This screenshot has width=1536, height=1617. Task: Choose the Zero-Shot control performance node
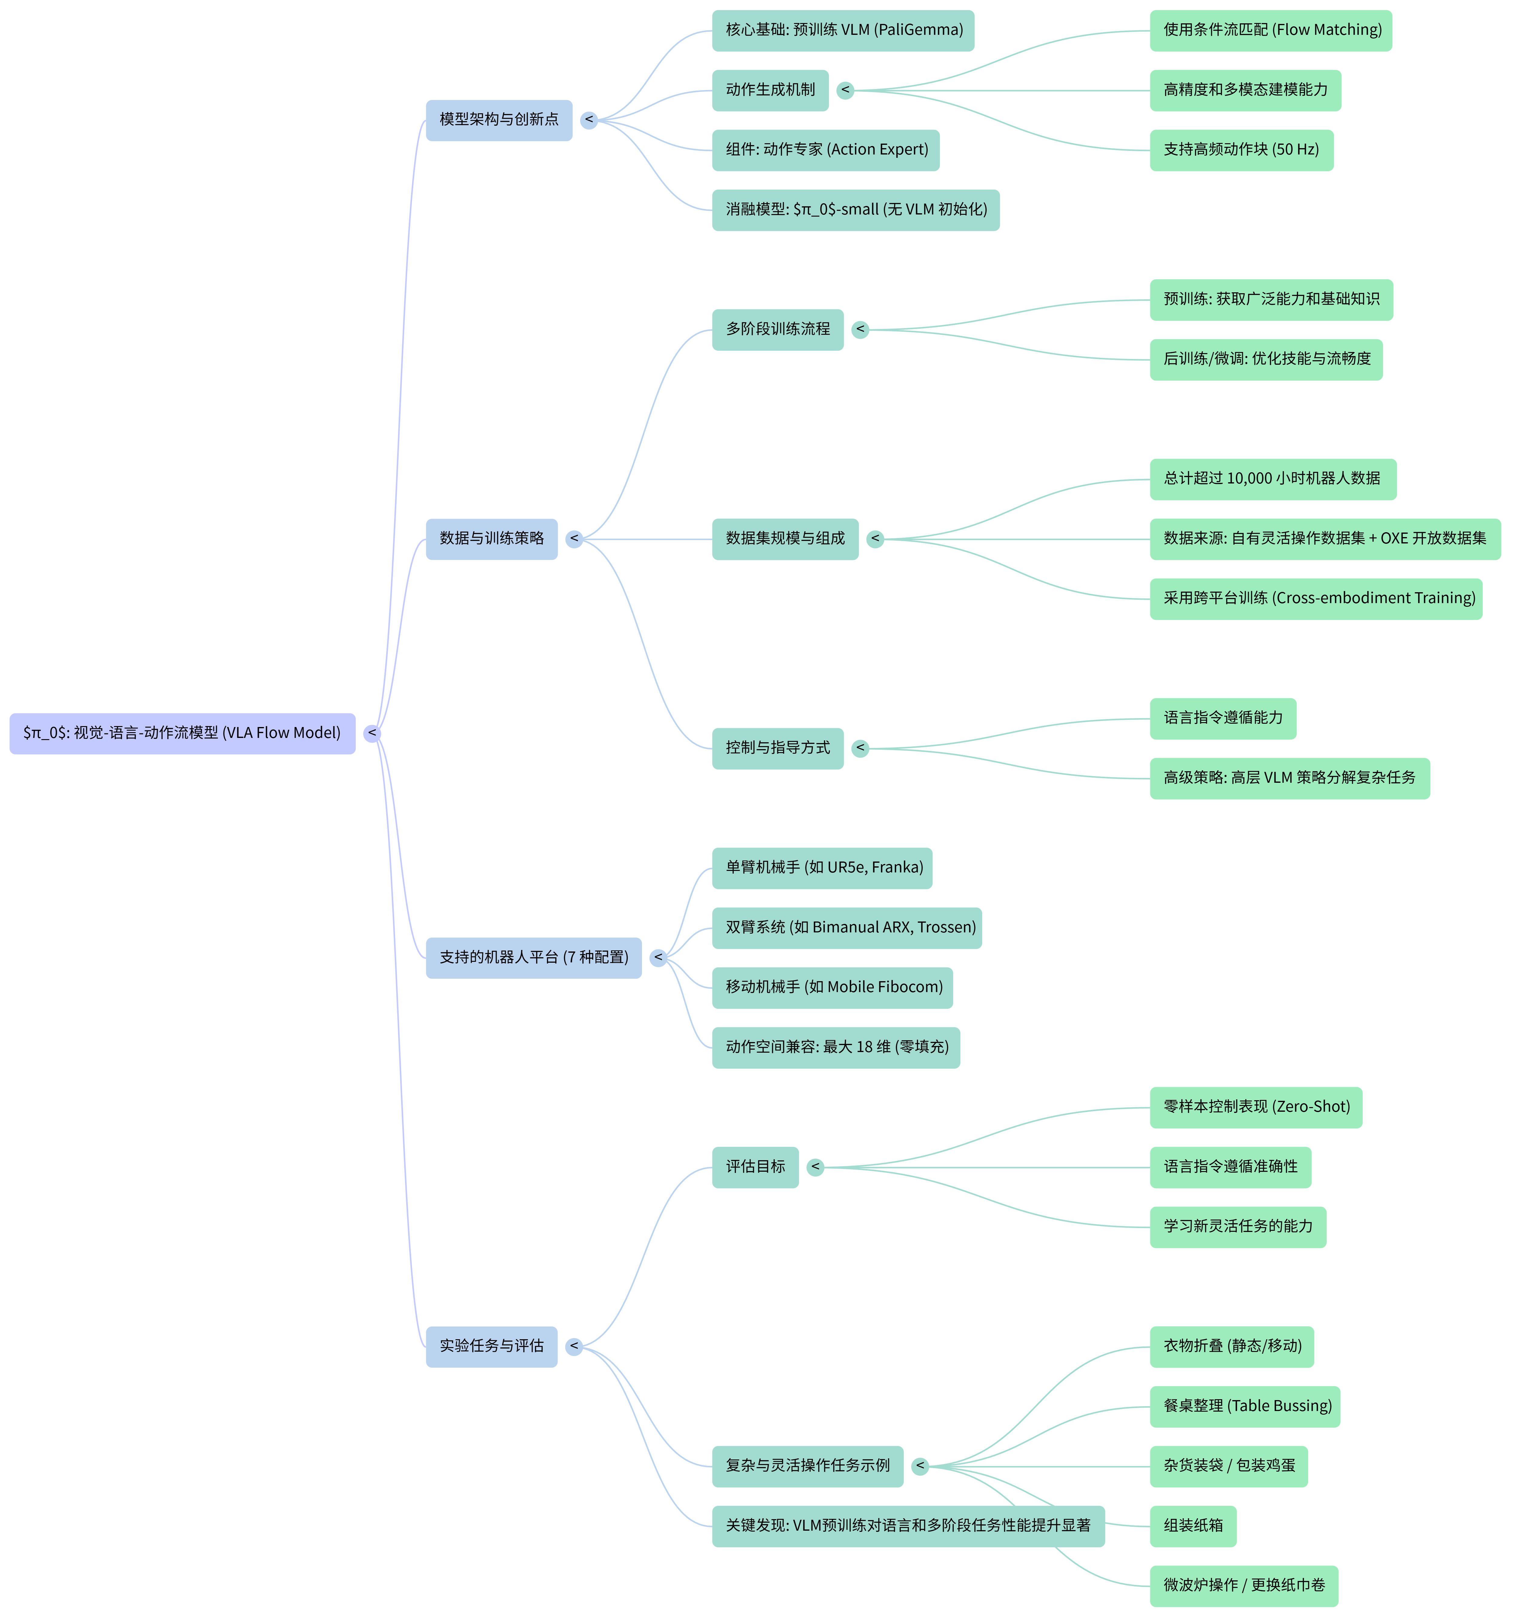click(1256, 1108)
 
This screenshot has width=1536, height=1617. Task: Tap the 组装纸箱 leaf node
click(1193, 1526)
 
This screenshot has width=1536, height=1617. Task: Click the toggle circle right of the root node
click(373, 734)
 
